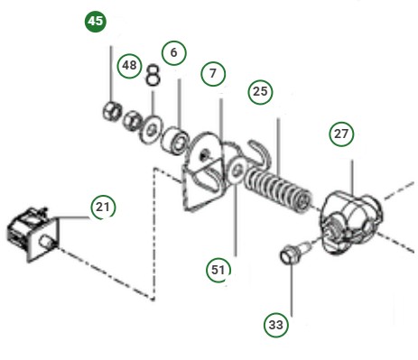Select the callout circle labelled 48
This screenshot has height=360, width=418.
(130, 66)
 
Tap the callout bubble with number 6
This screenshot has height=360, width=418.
(174, 52)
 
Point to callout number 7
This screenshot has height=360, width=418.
(212, 71)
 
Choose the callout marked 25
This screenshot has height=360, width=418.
(261, 90)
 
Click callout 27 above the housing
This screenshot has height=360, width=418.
(341, 134)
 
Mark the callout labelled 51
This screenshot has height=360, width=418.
(218, 269)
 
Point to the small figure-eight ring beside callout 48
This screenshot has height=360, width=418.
(153, 74)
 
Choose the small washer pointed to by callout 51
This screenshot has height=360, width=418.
(236, 172)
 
